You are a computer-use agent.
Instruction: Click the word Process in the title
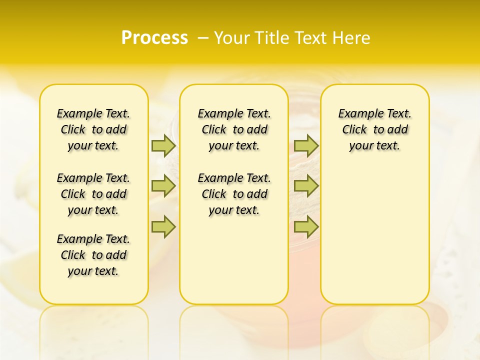[154, 38]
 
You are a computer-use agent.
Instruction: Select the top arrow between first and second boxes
[163, 145]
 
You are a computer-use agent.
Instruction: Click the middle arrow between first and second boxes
[163, 186]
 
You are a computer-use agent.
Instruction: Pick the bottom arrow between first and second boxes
[163, 226]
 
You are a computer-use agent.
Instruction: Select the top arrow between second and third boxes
[306, 145]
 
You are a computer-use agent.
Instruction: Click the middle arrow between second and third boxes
[306, 186]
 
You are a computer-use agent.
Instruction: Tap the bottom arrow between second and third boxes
[306, 226]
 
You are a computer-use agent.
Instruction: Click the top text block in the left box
[93, 129]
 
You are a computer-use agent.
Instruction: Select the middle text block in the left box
[93, 194]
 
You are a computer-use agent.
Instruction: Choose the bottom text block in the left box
[93, 255]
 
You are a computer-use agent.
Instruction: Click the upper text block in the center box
[234, 129]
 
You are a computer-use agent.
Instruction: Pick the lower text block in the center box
[234, 194]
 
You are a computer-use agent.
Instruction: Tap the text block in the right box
[375, 129]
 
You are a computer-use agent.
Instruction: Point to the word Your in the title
[232, 38]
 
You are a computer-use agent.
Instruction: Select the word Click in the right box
[354, 130]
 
